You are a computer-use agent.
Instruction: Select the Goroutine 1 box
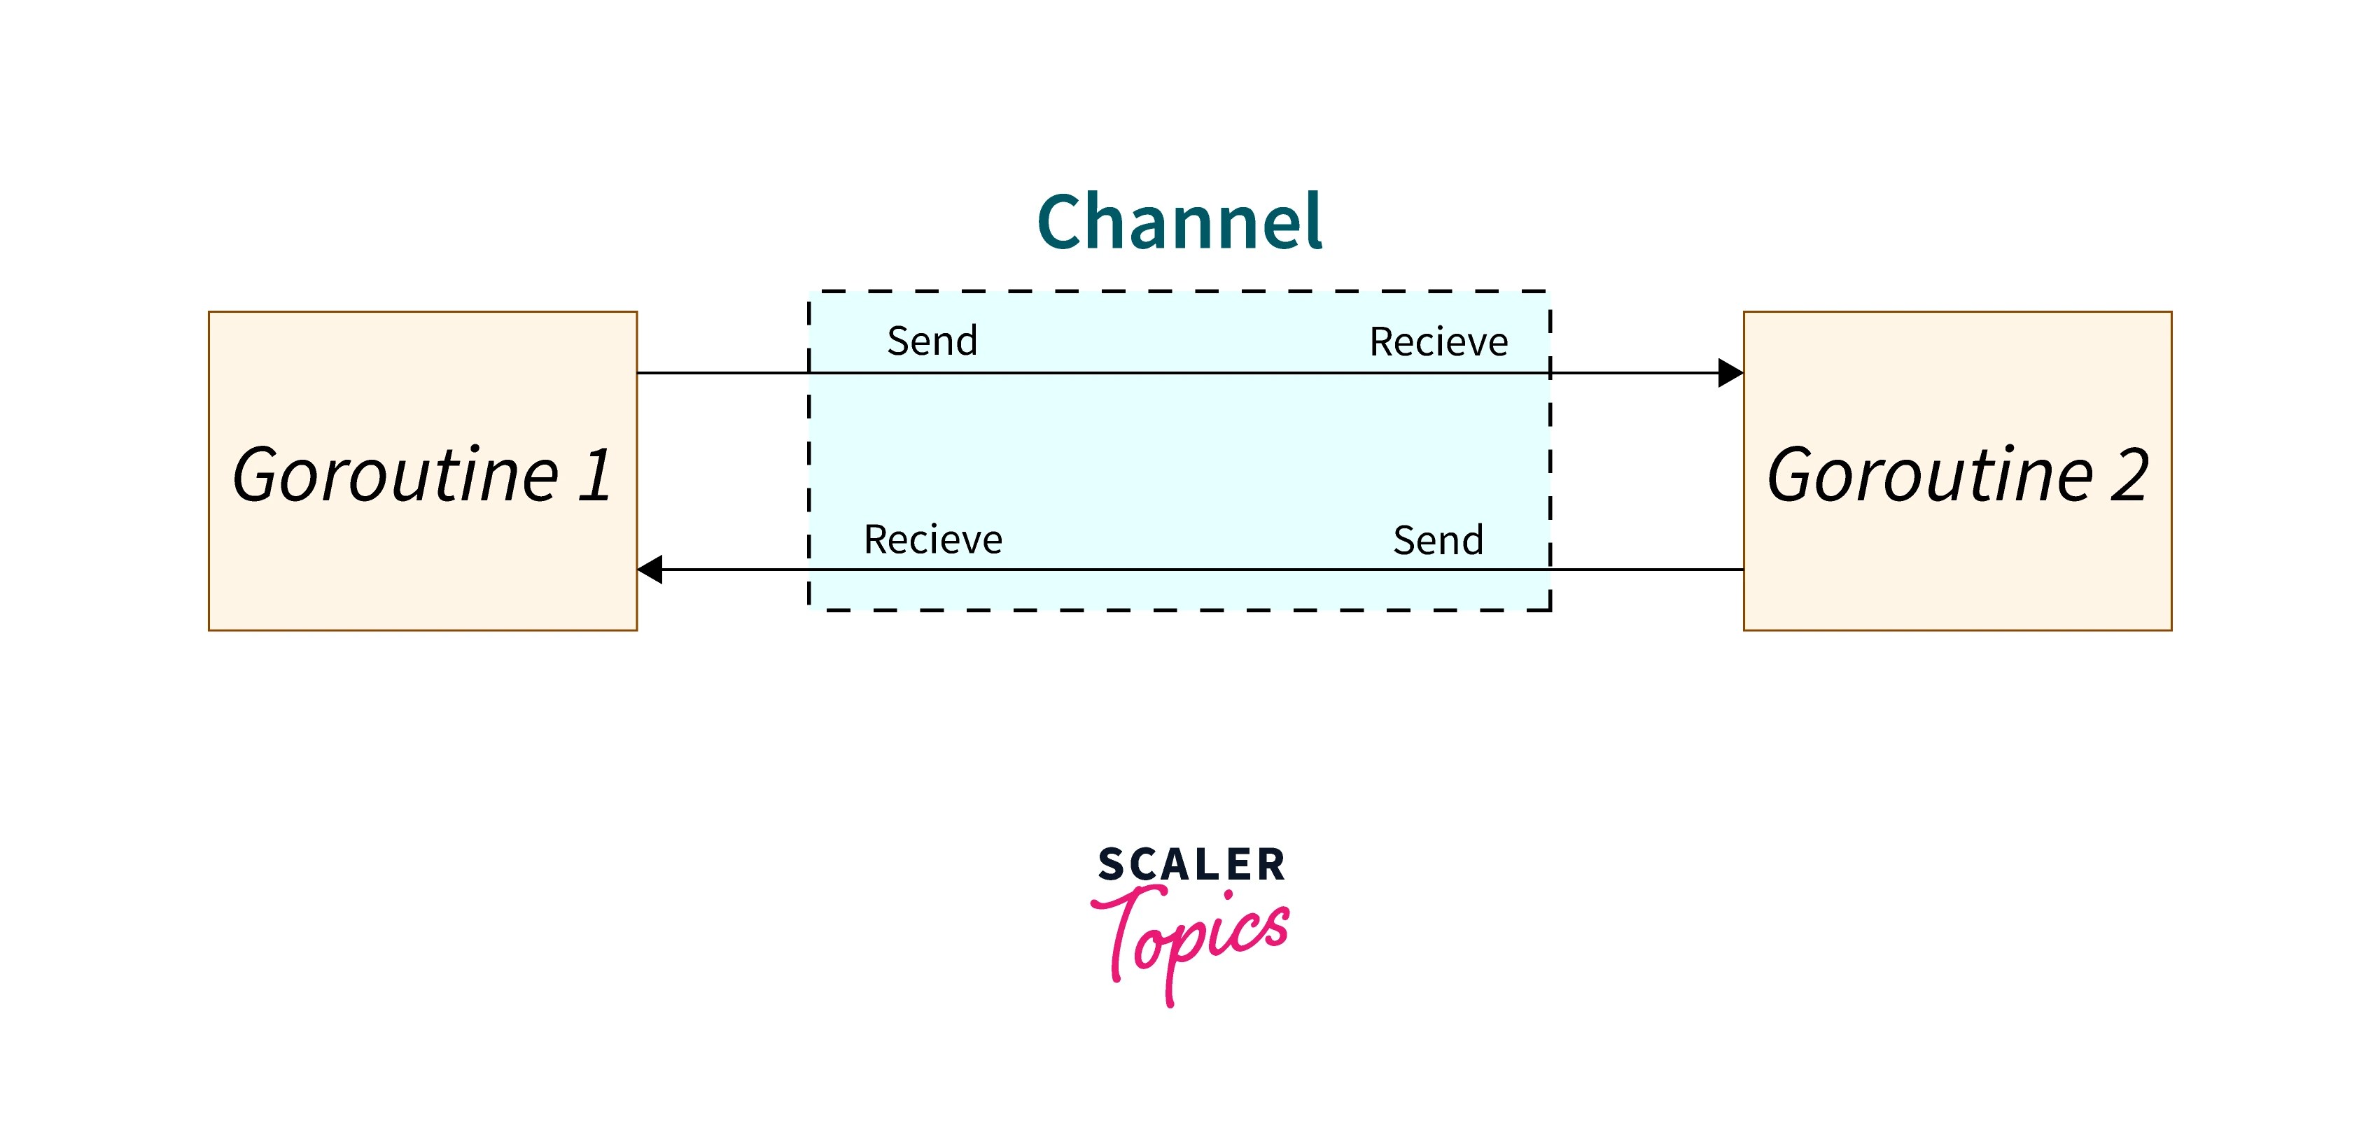pyautogui.click(x=422, y=470)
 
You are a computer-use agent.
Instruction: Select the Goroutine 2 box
pyautogui.click(x=1956, y=470)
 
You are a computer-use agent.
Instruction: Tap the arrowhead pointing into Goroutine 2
pyautogui.click(x=1730, y=373)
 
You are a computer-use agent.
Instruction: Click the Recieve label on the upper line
pyautogui.click(x=1438, y=342)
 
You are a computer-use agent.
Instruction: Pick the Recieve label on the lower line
pyautogui.click(x=932, y=540)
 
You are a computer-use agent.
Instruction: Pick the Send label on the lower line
pyautogui.click(x=1438, y=540)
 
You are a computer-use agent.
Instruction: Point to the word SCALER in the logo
pyautogui.click(x=1191, y=866)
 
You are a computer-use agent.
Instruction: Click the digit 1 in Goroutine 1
pyautogui.click(x=596, y=475)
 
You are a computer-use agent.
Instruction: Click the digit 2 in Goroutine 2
pyautogui.click(x=2129, y=475)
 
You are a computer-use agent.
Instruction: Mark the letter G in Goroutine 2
pyautogui.click(x=1793, y=475)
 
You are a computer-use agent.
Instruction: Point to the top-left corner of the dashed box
pyautogui.click(x=809, y=292)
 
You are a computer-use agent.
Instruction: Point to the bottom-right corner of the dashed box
pyautogui.click(x=1549, y=609)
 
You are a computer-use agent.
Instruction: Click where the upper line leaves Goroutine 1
pyautogui.click(x=638, y=373)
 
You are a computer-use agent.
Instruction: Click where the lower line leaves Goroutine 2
pyautogui.click(x=1742, y=569)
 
